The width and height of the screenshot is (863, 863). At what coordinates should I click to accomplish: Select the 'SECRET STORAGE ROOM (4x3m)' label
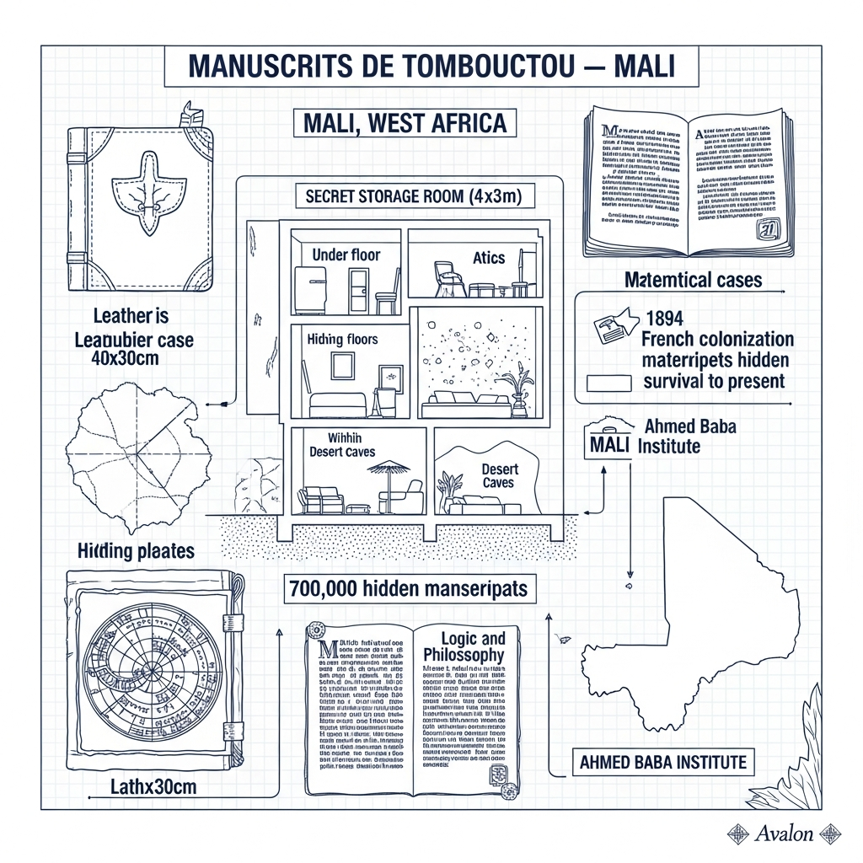[409, 197]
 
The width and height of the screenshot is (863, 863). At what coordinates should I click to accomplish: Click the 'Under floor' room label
[346, 255]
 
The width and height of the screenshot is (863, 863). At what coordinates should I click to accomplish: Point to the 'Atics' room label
[489, 258]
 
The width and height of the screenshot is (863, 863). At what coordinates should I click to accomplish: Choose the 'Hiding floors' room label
[342, 339]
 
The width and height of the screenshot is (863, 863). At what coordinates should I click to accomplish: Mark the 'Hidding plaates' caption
[136, 551]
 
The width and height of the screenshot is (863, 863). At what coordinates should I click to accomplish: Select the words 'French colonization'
[717, 340]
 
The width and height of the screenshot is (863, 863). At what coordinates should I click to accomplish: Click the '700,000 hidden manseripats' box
[408, 588]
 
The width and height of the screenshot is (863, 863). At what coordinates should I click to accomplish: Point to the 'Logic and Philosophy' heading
[464, 646]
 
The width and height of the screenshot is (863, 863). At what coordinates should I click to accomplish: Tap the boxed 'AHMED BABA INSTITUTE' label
[663, 763]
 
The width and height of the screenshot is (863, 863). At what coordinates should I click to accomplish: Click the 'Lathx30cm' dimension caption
[153, 787]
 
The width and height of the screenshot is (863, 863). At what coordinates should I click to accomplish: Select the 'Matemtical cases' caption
[693, 278]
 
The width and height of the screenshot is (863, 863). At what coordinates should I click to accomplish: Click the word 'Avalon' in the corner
[784, 834]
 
